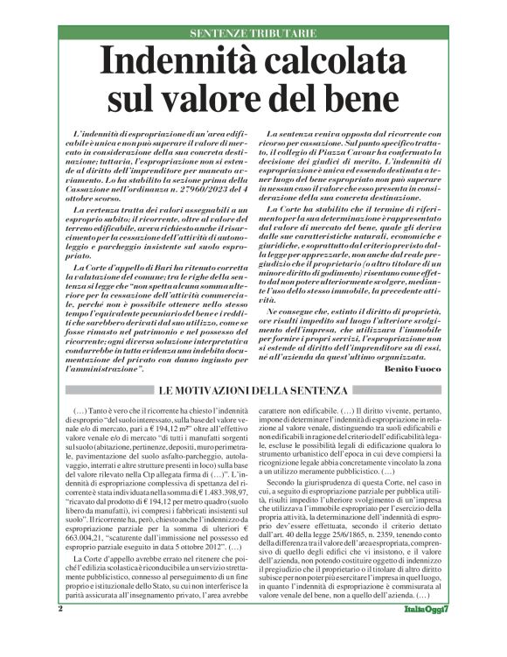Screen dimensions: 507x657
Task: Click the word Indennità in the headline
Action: coord(179,63)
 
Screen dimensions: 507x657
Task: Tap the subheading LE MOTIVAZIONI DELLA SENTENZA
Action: coord(253,389)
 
